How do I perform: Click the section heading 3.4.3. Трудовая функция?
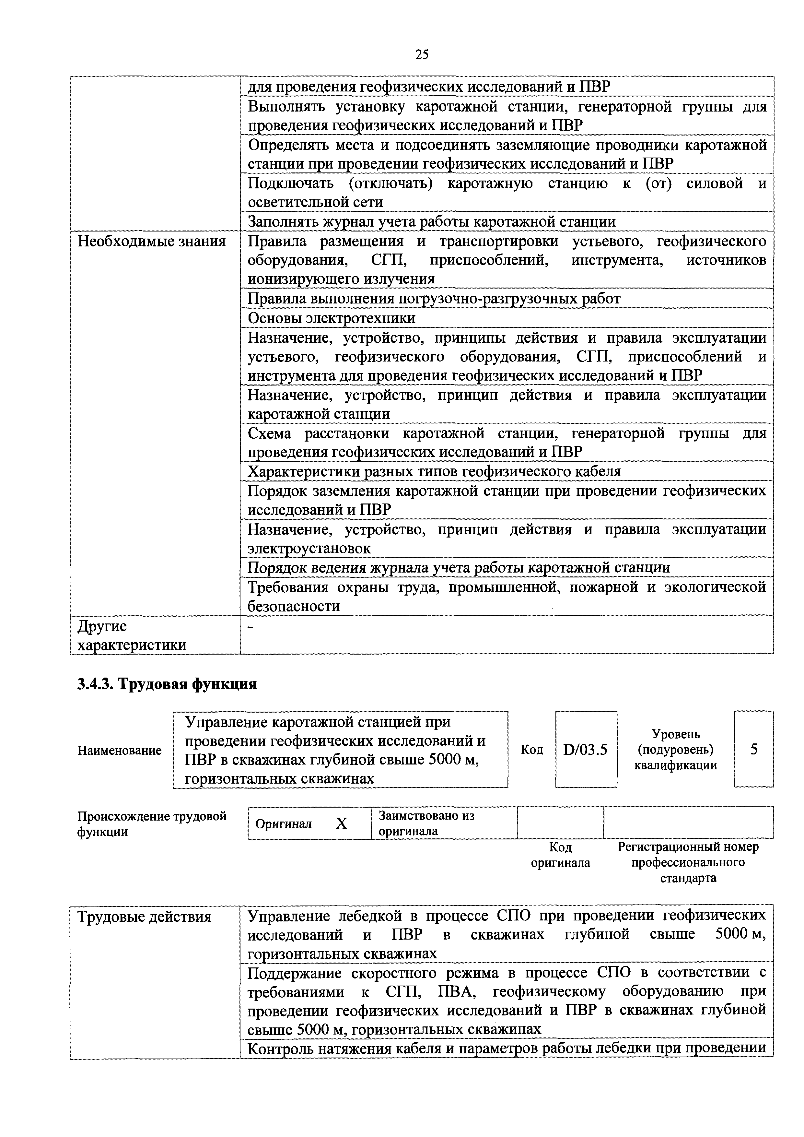tap(167, 684)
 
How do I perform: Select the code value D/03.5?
tap(585, 750)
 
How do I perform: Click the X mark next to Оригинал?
tap(341, 823)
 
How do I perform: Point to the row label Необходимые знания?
tap(152, 242)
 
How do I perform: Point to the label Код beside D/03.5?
tap(532, 750)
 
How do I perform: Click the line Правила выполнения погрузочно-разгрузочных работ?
tap(434, 299)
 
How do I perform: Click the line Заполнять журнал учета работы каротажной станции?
tap(431, 222)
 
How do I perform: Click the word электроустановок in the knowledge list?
tap(309, 549)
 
